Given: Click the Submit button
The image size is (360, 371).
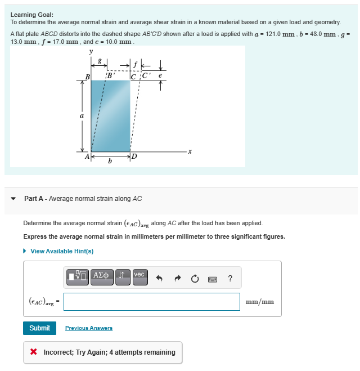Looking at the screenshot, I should point(39,328).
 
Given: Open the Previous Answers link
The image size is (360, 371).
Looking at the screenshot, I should point(88,328).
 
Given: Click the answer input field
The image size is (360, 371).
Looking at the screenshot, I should point(151,302).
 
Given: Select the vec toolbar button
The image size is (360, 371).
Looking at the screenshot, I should point(139,275).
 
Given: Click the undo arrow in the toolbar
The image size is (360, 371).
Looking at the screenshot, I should point(159,278).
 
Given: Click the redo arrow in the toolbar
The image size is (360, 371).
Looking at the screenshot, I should point(177,278).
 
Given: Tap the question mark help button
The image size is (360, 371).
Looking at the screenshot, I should point(230,278).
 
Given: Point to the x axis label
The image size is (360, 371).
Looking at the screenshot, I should point(190,151).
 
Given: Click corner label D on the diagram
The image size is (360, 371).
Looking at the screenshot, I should point(133,157).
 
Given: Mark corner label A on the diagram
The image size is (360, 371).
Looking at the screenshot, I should point(87,157).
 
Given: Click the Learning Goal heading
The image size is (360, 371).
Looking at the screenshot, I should point(31,14).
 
